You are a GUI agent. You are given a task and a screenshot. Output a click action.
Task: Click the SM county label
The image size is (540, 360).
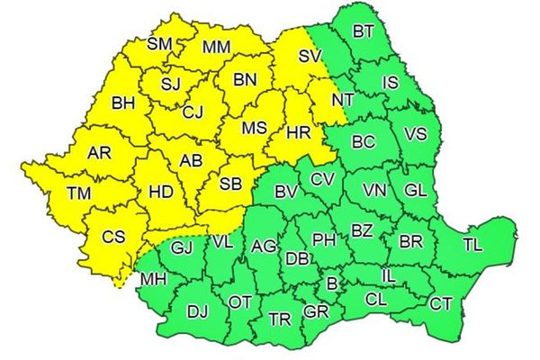click(x=160, y=43)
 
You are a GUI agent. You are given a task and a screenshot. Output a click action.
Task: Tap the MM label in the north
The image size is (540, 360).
click(x=216, y=47)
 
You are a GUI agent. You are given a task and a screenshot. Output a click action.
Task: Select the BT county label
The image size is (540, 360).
click(x=364, y=32)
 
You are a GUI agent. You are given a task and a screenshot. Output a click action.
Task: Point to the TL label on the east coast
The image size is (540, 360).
click(x=472, y=246)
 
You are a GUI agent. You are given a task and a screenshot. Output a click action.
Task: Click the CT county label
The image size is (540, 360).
click(x=440, y=304)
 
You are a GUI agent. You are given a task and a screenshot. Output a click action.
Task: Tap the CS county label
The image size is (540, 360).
click(x=113, y=238)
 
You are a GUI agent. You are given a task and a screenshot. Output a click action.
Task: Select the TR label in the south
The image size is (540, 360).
click(x=280, y=319)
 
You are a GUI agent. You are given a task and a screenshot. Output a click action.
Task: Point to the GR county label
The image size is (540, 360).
click(x=316, y=312)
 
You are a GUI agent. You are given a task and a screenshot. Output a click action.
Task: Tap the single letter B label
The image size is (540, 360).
click(x=331, y=284)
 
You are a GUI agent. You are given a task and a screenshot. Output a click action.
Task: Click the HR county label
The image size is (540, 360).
click(x=299, y=133)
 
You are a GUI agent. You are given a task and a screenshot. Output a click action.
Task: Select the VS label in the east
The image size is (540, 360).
click(x=416, y=134)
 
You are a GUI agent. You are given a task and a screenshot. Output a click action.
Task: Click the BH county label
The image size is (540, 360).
click(x=123, y=104)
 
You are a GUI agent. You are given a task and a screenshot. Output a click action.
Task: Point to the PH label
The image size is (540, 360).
click(x=323, y=239)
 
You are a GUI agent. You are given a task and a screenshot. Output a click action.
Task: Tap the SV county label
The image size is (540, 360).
click(x=310, y=56)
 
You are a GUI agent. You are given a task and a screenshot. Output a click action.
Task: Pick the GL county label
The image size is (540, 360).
click(x=416, y=191)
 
